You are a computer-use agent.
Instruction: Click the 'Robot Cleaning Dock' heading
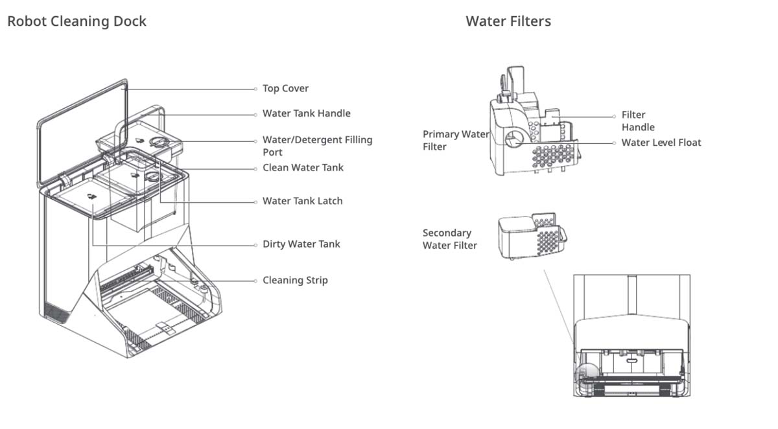[77, 21]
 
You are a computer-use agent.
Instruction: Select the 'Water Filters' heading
[508, 21]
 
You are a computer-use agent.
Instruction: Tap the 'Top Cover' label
[285, 89]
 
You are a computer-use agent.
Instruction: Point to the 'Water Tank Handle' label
[306, 113]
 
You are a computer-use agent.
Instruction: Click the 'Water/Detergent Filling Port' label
[317, 146]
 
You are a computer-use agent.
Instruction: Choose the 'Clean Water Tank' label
[303, 168]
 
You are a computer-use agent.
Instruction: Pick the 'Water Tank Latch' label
[302, 201]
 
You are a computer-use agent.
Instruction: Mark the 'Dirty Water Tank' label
[301, 244]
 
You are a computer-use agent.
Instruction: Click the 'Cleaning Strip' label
[295, 281]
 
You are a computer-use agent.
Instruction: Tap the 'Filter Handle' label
[638, 121]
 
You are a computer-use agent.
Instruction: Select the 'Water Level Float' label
[661, 143]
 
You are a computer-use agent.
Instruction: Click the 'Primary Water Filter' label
[455, 141]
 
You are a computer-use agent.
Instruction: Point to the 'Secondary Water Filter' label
[450, 239]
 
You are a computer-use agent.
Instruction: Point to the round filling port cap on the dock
[158, 142]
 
